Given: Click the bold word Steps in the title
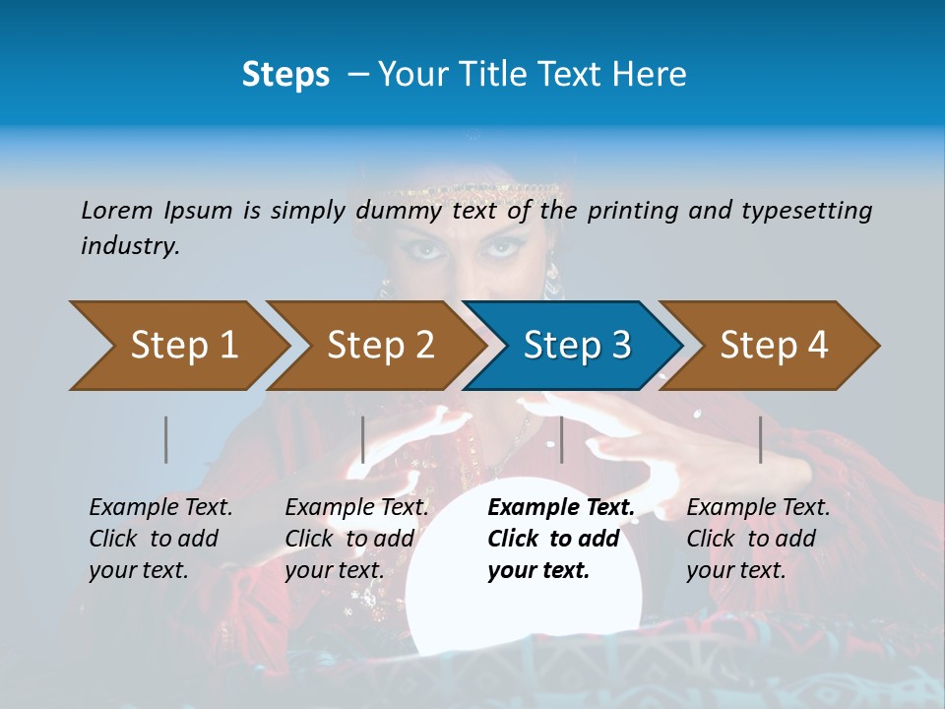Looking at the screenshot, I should [285, 74].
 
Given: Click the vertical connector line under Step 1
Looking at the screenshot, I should [166, 439].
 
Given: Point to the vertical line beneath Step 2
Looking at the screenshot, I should [363, 439].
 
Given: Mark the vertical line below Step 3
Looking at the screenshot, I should [561, 439].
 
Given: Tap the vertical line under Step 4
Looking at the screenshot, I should [760, 439].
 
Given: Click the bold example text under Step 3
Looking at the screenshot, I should [560, 539].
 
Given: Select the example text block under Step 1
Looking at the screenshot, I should [160, 539].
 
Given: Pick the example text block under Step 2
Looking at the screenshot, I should [356, 539].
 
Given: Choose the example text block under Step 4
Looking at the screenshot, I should [758, 539].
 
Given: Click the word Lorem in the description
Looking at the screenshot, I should [117, 210].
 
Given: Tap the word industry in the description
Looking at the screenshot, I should [130, 245].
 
